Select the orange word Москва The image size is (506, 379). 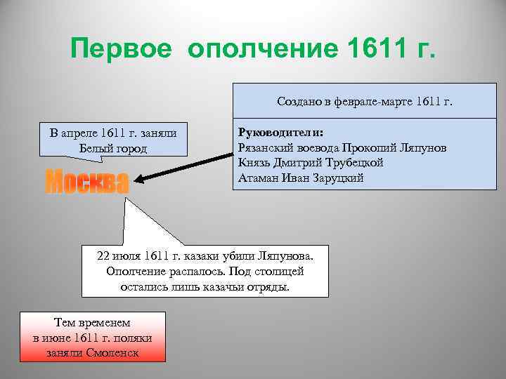pos(86,182)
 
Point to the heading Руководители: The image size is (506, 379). pos(280,133)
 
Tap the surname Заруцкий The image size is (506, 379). pos(339,178)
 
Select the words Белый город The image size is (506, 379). pos(114,147)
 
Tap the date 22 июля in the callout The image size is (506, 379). pos(115,255)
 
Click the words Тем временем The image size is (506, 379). pos(92,322)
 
